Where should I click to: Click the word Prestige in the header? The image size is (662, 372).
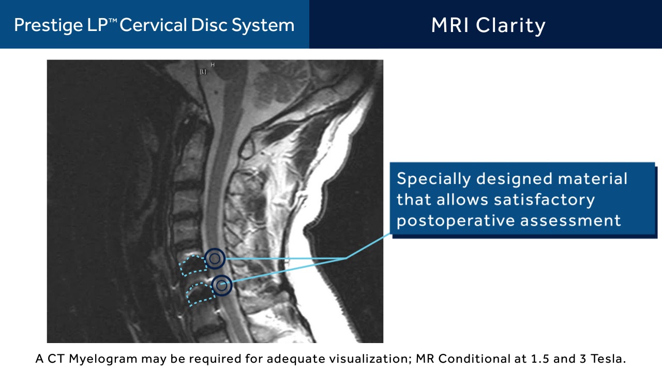tap(43, 25)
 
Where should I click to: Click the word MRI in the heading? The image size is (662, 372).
tap(450, 25)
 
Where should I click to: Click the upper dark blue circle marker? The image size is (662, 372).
tap(215, 258)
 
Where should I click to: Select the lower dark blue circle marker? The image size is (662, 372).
tap(222, 285)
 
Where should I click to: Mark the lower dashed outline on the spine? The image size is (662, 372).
tap(200, 294)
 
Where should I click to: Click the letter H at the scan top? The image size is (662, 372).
tap(213, 65)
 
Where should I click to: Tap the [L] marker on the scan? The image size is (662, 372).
tap(203, 72)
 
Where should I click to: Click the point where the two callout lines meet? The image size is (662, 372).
tap(347, 258)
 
